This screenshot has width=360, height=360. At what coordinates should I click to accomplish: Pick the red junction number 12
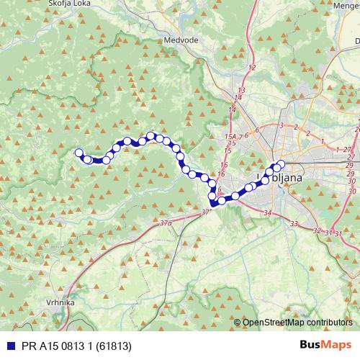(251, 68)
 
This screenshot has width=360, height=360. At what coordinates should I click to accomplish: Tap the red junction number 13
(240, 90)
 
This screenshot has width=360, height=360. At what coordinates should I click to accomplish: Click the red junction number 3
(281, 125)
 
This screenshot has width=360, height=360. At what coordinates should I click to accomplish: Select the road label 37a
(167, 223)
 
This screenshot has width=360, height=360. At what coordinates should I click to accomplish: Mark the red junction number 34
(268, 213)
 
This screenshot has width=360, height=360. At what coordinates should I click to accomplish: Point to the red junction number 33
(294, 224)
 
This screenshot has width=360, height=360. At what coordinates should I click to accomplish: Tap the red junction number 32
(318, 231)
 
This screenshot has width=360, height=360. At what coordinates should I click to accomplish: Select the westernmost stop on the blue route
(79, 152)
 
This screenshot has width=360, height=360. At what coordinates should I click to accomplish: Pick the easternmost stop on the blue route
(281, 163)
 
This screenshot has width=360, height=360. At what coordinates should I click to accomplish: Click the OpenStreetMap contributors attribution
(297, 323)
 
